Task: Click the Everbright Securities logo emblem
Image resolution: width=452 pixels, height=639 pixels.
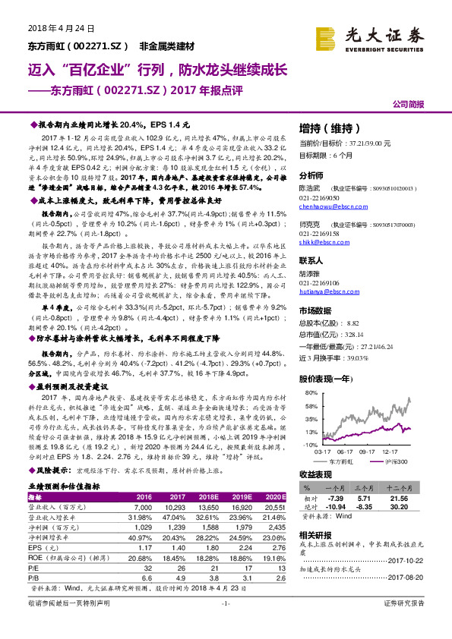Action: pos(327,36)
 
